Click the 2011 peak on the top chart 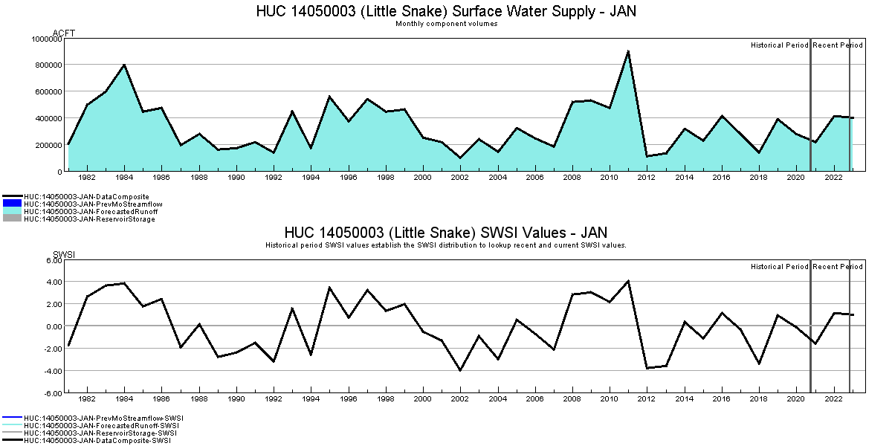click(628, 51)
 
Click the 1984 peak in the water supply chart click(124, 65)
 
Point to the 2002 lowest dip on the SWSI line click(460, 370)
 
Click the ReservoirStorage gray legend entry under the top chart click(89, 219)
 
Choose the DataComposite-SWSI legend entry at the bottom click(97, 441)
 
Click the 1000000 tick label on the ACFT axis click(46, 39)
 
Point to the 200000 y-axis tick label click(48, 145)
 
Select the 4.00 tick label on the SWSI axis click(53, 282)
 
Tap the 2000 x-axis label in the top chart click(423, 178)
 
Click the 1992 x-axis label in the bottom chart click(274, 399)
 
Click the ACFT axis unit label click(64, 33)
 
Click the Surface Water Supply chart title click(446, 11)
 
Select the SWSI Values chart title click(446, 233)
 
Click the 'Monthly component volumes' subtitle click(446, 24)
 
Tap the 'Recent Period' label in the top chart click(838, 45)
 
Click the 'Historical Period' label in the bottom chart click(779, 267)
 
